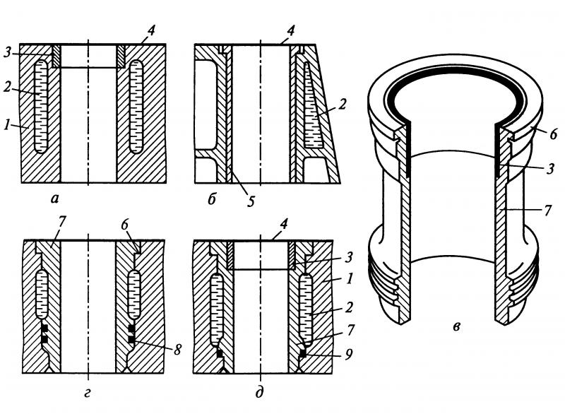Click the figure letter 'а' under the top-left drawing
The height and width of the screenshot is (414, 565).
click(54, 199)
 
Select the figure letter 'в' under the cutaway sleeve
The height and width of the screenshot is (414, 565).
click(456, 327)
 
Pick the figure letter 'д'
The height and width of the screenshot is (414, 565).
click(259, 392)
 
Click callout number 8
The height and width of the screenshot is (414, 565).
click(177, 350)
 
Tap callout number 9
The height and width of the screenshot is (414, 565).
click(348, 355)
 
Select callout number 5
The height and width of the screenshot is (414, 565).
click(251, 201)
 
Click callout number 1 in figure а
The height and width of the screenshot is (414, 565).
click(7, 126)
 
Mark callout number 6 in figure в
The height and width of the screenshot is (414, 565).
click(554, 134)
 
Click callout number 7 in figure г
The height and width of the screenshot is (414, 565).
click(61, 222)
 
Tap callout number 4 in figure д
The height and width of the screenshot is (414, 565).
click(284, 224)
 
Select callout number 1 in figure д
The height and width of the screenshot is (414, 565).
click(348, 278)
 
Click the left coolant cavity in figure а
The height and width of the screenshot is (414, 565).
click(41, 106)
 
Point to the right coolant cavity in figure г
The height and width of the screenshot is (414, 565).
click(134, 295)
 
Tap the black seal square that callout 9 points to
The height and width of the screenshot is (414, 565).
click(303, 354)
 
